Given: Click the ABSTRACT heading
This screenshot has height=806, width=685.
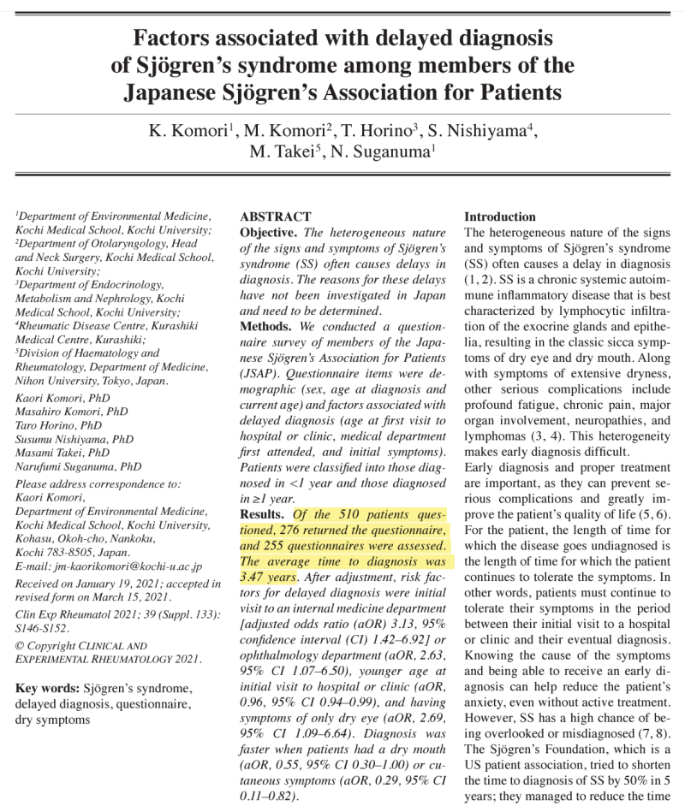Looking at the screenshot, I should point(276,217).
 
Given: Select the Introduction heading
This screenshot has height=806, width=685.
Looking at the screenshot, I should point(499,217).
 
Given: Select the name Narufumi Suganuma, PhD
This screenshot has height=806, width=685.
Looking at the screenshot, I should point(79,467).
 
